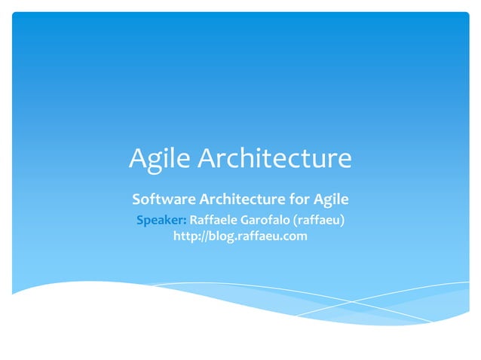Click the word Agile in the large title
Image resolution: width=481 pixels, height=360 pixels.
pos(160,160)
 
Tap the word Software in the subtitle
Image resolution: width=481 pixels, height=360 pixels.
pos(163,200)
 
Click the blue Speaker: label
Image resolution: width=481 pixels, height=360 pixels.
pos(161,220)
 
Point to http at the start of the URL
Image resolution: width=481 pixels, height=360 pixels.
pos(185,236)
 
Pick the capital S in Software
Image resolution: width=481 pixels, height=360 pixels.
pos(136,200)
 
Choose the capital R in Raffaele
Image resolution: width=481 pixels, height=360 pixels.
pos(193,220)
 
